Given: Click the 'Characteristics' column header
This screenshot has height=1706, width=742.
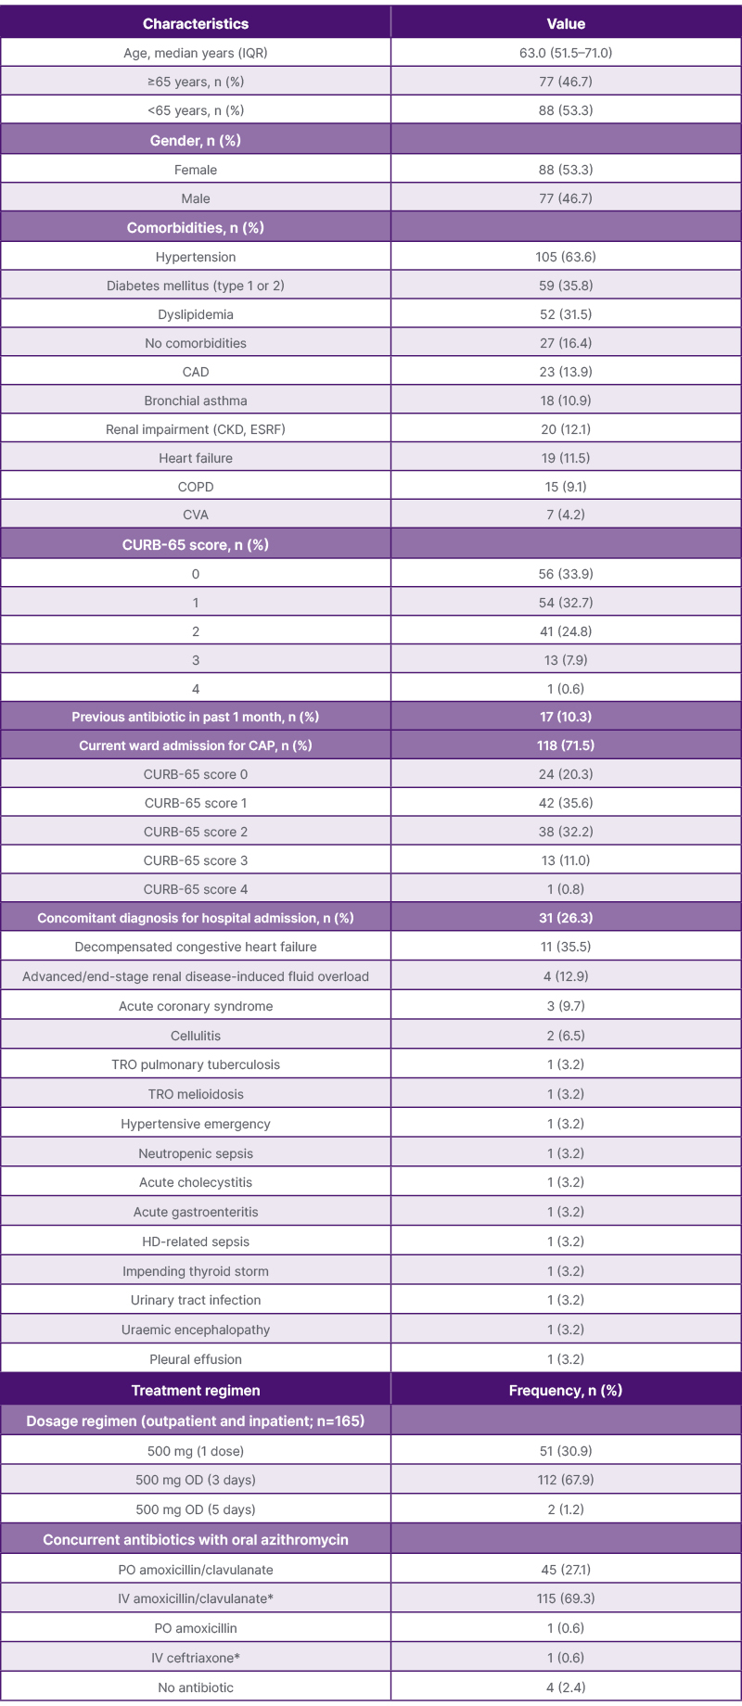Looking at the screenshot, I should click(196, 23).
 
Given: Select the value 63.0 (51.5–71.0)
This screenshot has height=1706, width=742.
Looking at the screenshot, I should click(566, 53).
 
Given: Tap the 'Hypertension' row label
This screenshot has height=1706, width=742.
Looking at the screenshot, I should click(196, 257).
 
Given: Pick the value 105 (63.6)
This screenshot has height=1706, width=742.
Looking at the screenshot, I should click(566, 257).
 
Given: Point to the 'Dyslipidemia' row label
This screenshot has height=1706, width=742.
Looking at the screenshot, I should click(196, 314).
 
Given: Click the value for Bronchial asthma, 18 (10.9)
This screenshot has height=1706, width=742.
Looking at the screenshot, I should click(566, 401).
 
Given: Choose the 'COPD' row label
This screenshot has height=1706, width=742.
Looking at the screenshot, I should click(196, 487).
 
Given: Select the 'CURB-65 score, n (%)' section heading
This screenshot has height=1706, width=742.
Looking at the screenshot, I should click(196, 544).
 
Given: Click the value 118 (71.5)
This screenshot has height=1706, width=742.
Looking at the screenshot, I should click(566, 745).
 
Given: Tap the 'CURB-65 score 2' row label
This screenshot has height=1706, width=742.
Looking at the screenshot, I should click(196, 832).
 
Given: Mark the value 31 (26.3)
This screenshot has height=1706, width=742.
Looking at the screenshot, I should click(566, 918).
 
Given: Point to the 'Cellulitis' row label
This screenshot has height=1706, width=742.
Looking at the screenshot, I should click(196, 1036).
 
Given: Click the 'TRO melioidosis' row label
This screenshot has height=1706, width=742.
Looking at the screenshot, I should click(196, 1094).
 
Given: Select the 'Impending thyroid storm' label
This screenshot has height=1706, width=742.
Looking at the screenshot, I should click(196, 1271).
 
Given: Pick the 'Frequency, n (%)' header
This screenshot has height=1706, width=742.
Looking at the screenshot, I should click(566, 1390).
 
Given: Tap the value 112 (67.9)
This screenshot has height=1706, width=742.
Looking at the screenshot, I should click(566, 1480).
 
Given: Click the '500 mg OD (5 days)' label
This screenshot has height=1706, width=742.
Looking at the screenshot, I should click(196, 1509).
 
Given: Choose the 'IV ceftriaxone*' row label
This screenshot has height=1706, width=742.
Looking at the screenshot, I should click(196, 1658).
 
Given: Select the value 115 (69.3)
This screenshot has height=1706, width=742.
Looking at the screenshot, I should click(566, 1598).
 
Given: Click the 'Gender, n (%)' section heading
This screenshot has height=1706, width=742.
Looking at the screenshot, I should click(196, 140).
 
